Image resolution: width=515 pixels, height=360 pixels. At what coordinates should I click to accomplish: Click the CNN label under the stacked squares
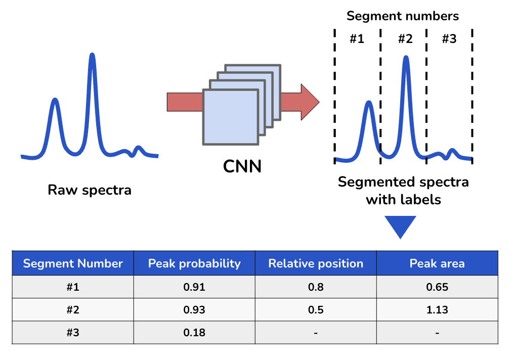pos(242,166)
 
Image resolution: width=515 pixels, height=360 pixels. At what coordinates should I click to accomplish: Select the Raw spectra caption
pos(90,190)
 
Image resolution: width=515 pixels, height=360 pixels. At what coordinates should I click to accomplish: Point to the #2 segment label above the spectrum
pos(405,39)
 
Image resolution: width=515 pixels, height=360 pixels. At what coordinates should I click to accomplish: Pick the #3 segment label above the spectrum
pos(449,39)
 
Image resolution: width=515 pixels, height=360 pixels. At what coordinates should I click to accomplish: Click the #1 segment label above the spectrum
pos(357,39)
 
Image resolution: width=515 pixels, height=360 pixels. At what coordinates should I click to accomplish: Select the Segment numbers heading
pos(402,16)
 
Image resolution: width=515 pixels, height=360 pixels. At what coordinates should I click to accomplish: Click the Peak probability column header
pos(194,263)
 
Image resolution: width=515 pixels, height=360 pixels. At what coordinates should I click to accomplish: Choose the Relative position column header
pos(316,263)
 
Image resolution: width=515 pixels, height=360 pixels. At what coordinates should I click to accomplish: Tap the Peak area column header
pos(437,263)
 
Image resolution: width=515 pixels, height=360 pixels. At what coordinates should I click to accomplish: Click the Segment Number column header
pos(73,263)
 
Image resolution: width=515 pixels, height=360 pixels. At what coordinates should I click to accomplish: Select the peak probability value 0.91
pos(194,287)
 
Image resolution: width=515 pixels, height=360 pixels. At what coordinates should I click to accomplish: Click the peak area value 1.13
pos(437,310)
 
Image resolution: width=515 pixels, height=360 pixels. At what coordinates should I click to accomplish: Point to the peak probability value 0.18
pos(194,333)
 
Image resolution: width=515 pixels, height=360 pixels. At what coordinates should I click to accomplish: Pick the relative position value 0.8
pos(316,287)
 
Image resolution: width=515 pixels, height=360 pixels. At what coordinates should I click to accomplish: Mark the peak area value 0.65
pos(437,287)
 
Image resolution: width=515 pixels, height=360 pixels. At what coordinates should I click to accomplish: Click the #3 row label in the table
pos(73,333)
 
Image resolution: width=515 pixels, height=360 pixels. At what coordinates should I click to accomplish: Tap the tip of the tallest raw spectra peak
pos(92,54)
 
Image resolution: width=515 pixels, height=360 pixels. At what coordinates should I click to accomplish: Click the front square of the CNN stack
pos(231,117)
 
